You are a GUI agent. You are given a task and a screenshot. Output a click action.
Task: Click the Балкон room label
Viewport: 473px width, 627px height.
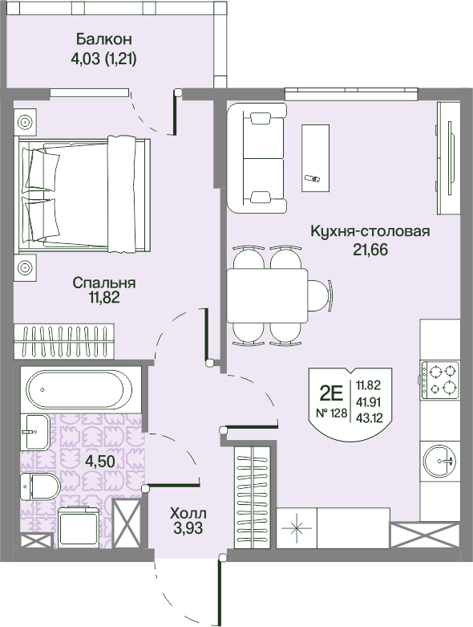[103, 39]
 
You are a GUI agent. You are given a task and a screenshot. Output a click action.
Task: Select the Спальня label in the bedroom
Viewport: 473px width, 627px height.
[104, 283]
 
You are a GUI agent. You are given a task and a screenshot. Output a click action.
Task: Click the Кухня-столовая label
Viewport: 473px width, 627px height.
[370, 231]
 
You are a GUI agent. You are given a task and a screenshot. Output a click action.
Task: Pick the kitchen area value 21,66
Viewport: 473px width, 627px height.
[370, 250]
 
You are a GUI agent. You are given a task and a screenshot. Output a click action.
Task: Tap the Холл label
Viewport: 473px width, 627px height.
[188, 513]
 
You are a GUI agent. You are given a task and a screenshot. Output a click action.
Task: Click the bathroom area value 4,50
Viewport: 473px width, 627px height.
[100, 461]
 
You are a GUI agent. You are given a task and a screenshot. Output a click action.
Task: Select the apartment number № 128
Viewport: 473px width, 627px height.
[331, 413]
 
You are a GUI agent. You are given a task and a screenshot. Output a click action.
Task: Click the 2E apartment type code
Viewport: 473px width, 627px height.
[331, 395]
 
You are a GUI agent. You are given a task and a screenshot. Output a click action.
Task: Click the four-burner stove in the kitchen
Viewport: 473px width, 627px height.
[440, 380]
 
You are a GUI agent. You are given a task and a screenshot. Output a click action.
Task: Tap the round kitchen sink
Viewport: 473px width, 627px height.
[440, 462]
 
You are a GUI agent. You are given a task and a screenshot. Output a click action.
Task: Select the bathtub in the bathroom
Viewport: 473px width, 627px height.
[79, 389]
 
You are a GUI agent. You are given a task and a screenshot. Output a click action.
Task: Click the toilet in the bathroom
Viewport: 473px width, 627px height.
[40, 487]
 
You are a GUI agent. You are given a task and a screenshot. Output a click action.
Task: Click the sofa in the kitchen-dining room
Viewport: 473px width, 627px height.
[257, 158]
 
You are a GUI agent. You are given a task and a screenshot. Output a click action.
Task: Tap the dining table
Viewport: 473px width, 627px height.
[267, 295]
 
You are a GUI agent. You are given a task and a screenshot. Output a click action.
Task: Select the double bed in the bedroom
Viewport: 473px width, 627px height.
[83, 194]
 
